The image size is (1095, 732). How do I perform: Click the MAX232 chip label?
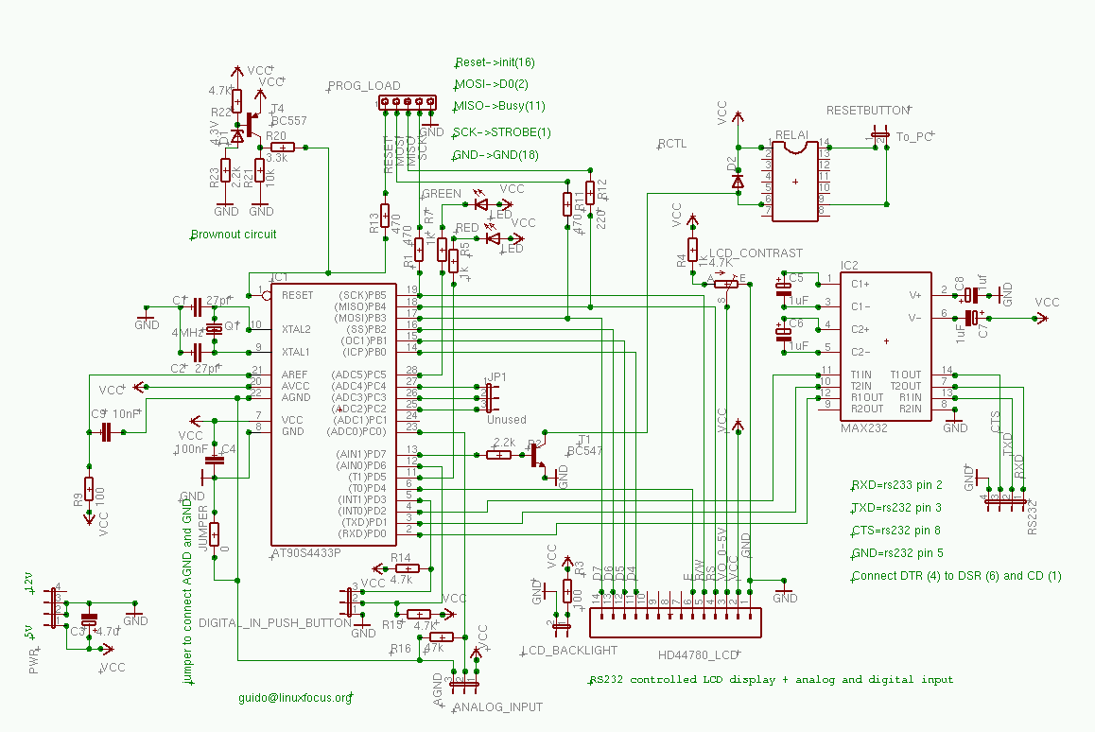[x=861, y=428]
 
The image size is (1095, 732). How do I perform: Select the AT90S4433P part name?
[x=305, y=552]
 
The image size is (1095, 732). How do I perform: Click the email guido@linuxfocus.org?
[x=295, y=697]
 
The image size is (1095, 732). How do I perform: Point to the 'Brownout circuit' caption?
[x=234, y=235]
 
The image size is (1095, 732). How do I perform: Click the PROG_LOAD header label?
[x=364, y=86]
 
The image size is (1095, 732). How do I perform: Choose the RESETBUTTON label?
[x=867, y=110]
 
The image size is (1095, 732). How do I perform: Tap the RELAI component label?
[x=791, y=135]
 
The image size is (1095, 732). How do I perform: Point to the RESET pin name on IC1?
[x=297, y=295]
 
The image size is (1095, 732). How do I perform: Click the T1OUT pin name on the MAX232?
[x=905, y=375]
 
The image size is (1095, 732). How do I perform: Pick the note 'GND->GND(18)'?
[x=496, y=154]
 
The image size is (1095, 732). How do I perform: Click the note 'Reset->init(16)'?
[x=495, y=62]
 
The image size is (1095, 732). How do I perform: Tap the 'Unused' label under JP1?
[x=507, y=420]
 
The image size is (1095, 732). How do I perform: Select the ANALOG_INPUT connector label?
[x=498, y=707]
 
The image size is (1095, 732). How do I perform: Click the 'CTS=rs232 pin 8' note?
[x=895, y=531]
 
